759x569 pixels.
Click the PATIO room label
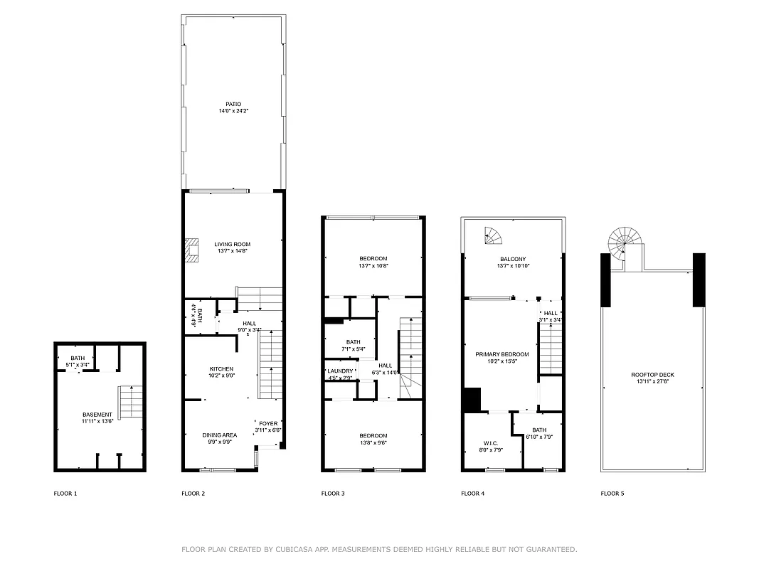[x=233, y=105]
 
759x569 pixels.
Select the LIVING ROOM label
[x=232, y=244]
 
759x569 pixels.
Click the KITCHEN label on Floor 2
[x=221, y=368]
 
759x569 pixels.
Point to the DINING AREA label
[x=220, y=435]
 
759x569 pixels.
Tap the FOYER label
[x=268, y=423]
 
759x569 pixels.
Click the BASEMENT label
[x=97, y=415]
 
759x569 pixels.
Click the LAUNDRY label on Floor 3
[x=340, y=371]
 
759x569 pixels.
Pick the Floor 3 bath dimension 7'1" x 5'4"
[x=354, y=349]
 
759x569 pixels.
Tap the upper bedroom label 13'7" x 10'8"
[x=373, y=265]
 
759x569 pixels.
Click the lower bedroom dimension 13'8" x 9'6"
[x=373, y=442]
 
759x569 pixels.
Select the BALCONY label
[x=512, y=259]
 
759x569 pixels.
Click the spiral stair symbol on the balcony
[x=492, y=234]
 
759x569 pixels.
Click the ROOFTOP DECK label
[x=652, y=374]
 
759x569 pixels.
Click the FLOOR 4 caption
[x=472, y=493]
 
